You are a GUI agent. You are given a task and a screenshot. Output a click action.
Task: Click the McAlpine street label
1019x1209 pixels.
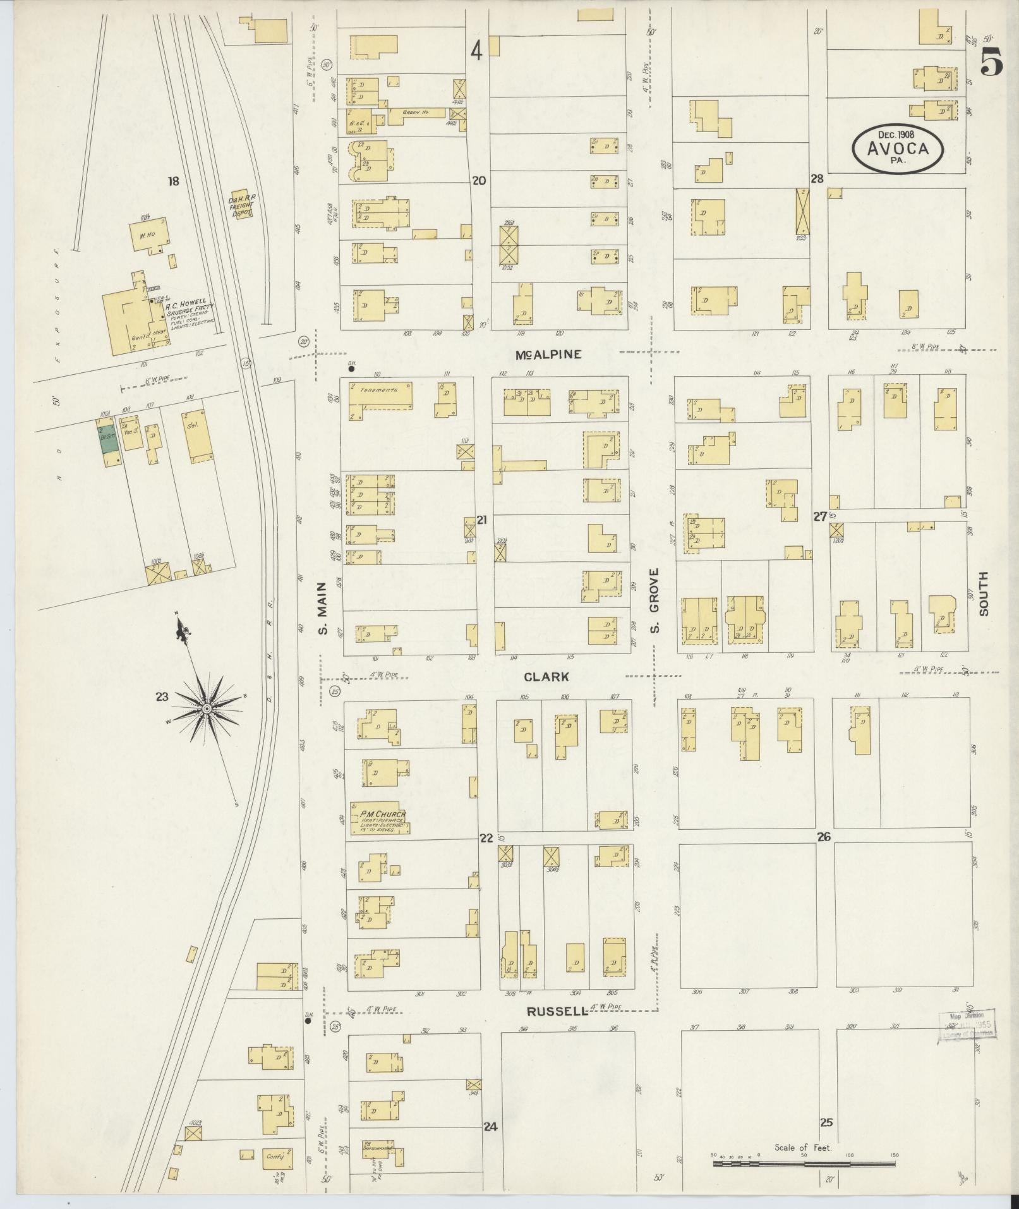click(548, 355)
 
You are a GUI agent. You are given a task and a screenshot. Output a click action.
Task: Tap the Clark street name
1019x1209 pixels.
click(546, 677)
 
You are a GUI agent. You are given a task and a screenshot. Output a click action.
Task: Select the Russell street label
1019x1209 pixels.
click(557, 1011)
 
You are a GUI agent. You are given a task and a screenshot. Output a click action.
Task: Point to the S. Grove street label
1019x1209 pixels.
click(654, 600)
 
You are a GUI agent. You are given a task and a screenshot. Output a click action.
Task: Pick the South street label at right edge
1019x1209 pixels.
click(984, 593)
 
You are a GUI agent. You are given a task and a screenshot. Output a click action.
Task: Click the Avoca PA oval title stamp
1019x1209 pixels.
click(898, 148)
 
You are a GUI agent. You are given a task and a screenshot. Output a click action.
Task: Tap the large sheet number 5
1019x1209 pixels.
click(992, 61)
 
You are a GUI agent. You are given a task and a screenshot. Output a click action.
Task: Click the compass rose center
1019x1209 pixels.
click(207, 708)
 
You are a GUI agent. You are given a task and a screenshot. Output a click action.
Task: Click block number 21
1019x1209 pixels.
click(482, 520)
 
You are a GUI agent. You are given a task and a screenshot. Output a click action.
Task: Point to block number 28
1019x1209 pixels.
click(817, 179)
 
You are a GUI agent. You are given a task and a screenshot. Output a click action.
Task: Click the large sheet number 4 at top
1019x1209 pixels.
click(476, 51)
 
